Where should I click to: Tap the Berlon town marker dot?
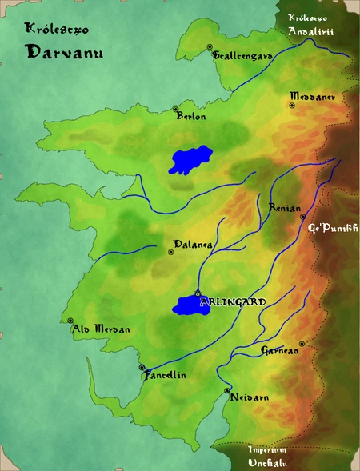pyautogui.click(x=175, y=109)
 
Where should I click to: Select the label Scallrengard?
pyautogui.click(x=243, y=56)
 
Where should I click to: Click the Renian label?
pyautogui.click(x=285, y=206)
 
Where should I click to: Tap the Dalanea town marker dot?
pyautogui.click(x=170, y=252)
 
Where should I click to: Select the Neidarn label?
pyautogui.click(x=245, y=397)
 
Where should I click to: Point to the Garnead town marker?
pyautogui.click(x=302, y=344)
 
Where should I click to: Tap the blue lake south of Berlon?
pyautogui.click(x=190, y=159)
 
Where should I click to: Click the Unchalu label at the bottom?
pyautogui.click(x=266, y=462)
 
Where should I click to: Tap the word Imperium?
pyautogui.click(x=267, y=449)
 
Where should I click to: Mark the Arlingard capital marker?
pyautogui.click(x=197, y=293)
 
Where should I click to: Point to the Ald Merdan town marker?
pyautogui.click(x=70, y=322)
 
